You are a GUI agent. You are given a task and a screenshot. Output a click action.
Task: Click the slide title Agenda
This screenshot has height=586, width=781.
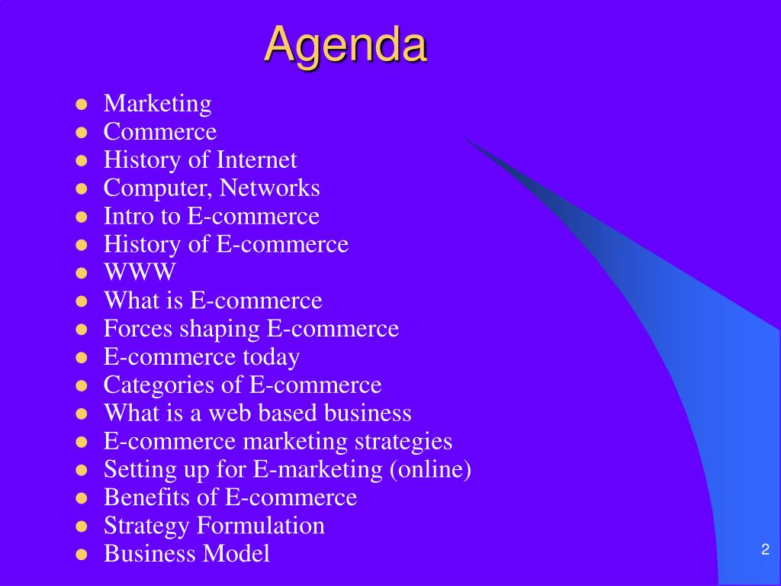pyautogui.click(x=346, y=46)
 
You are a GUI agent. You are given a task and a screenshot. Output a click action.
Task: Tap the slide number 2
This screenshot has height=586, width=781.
pyautogui.click(x=766, y=549)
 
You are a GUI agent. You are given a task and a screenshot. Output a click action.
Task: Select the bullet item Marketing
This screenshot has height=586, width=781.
pyautogui.click(x=157, y=104)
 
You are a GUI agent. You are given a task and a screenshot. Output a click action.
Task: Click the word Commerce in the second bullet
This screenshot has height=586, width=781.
pyautogui.click(x=160, y=131)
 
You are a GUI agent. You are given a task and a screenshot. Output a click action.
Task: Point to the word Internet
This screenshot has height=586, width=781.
pyautogui.click(x=256, y=160)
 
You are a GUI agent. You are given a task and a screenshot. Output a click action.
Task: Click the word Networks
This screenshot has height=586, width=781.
pyautogui.click(x=269, y=188)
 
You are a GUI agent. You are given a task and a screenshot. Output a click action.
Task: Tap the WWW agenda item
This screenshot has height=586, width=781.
pyautogui.click(x=140, y=272)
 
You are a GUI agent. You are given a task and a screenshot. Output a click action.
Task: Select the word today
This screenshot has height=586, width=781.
pyautogui.click(x=271, y=358)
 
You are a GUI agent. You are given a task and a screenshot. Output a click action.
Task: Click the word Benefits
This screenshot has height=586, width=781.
pyautogui.click(x=146, y=497)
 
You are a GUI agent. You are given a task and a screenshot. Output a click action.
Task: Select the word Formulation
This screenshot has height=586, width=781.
pyautogui.click(x=261, y=525)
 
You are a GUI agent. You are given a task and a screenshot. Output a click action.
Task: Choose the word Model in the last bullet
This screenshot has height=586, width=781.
pyautogui.click(x=236, y=554)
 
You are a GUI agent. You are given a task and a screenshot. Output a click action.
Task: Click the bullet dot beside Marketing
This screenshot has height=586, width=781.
pyautogui.click(x=81, y=105)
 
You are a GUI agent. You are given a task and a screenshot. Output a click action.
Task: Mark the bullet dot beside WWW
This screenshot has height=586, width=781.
pyautogui.click(x=81, y=273)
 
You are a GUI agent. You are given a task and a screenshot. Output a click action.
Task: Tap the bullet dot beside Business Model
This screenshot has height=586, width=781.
pyautogui.click(x=81, y=555)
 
